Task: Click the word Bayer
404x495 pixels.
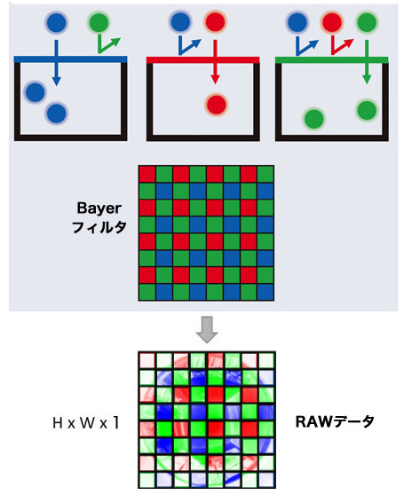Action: (x=99, y=208)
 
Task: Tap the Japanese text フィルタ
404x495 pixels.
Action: (x=99, y=227)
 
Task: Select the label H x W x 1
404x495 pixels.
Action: (x=86, y=423)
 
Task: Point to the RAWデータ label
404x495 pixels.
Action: (x=335, y=421)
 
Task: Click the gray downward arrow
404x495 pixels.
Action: (x=207, y=330)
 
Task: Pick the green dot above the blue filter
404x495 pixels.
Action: (x=99, y=22)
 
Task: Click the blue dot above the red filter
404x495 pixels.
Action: (x=180, y=22)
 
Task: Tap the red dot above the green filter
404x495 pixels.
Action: (x=332, y=22)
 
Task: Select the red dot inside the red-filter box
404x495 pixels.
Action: (x=217, y=104)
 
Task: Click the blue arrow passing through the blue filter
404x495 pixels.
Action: (x=56, y=63)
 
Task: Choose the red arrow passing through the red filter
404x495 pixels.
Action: (x=215, y=62)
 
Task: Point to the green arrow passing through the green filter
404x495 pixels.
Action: (x=367, y=62)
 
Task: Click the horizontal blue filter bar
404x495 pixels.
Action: (x=71, y=59)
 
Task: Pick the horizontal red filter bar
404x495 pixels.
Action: (x=203, y=59)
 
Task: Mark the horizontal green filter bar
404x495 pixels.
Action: (x=332, y=59)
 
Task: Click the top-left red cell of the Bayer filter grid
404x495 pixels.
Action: (x=147, y=174)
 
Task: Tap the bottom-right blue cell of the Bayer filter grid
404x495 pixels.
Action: (x=265, y=292)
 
